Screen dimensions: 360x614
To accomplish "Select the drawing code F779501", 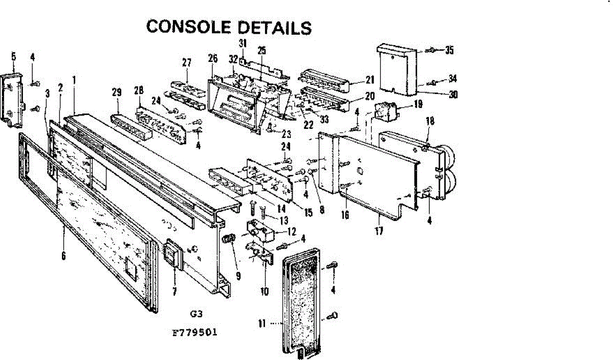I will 195,332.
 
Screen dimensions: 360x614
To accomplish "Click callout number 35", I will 449,50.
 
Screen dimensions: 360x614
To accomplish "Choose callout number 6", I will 63,256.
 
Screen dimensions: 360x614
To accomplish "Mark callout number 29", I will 117,92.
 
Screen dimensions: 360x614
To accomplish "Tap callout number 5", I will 14,56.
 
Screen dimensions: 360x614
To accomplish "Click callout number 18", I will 430,121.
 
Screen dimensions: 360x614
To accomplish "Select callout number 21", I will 369,80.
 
